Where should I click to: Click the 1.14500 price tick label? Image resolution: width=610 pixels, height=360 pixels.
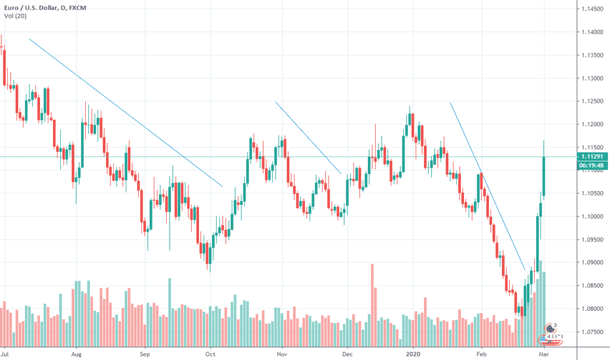592,9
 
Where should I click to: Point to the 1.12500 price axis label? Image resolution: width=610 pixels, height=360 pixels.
592,101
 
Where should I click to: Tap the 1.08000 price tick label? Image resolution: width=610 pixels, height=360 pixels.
592,309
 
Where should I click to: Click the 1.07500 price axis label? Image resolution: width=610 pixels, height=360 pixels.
592,332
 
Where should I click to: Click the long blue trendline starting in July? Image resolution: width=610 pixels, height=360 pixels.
124,112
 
